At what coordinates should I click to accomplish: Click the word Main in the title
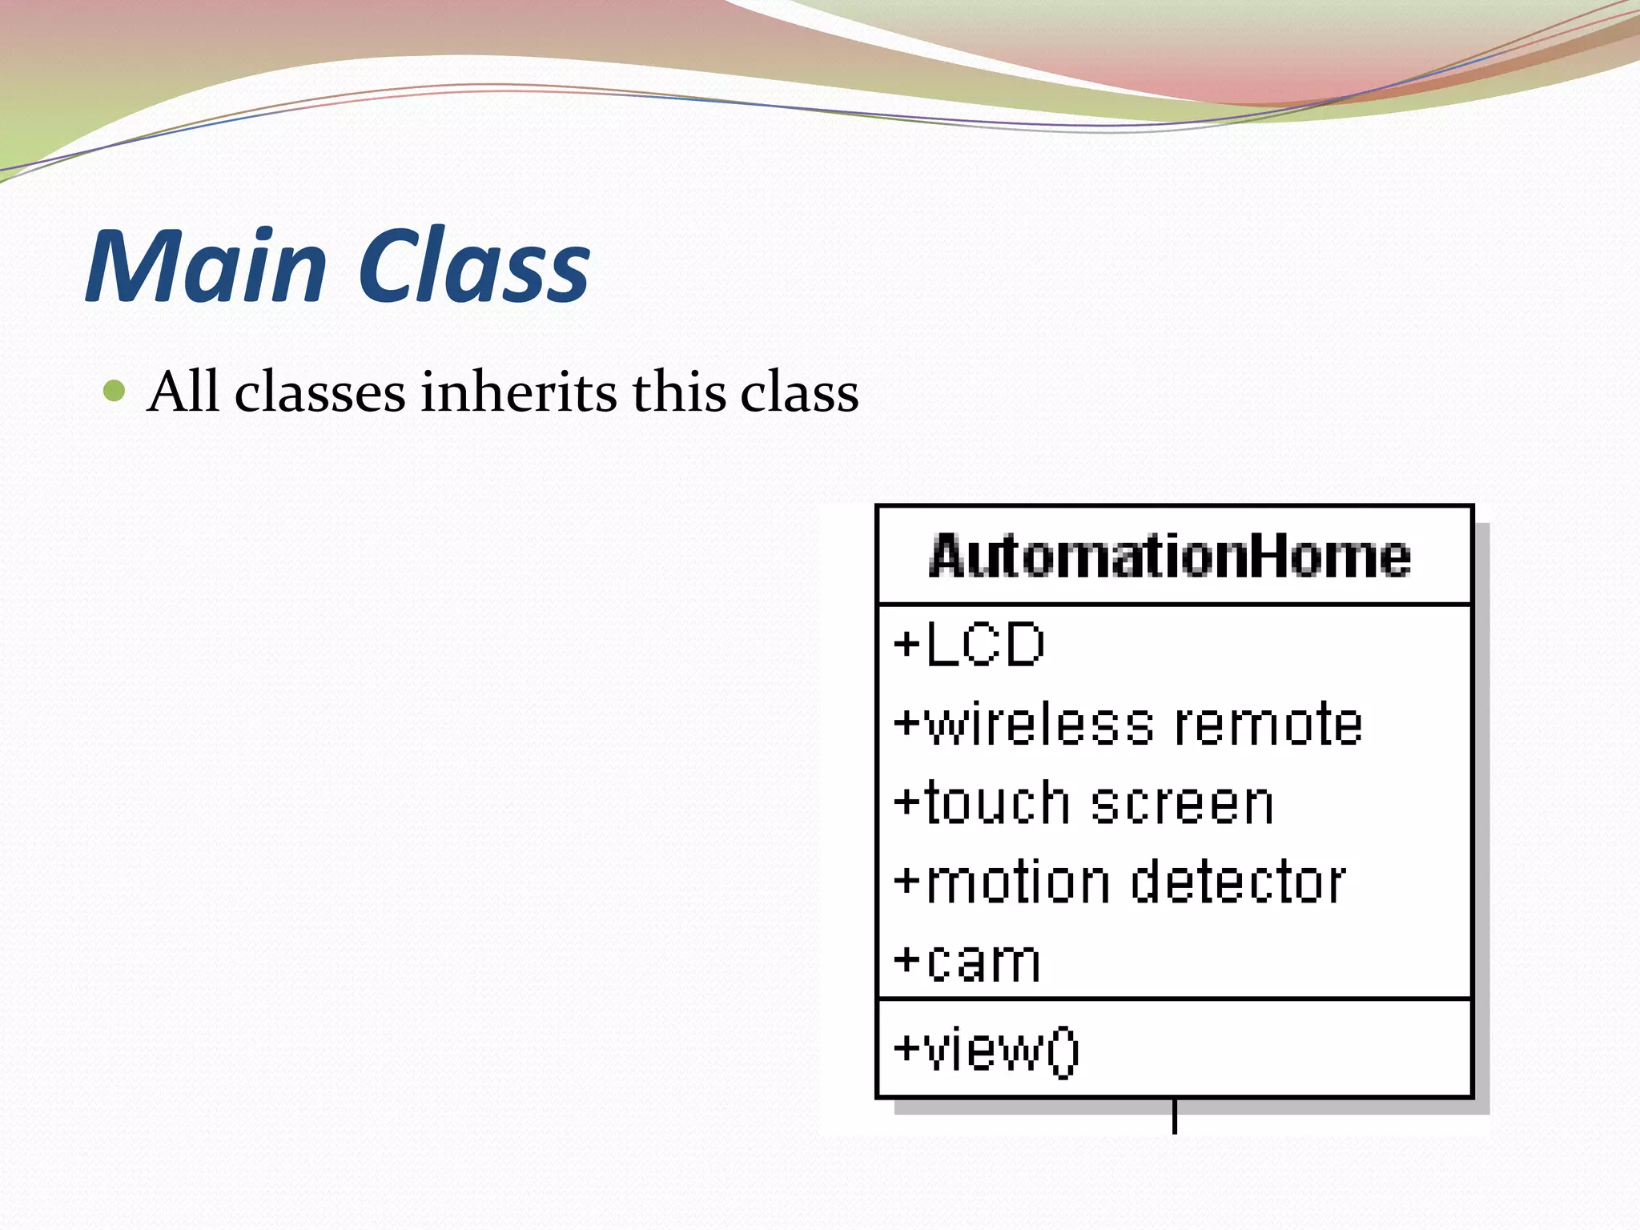tap(207, 266)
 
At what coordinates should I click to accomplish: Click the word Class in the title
tap(474, 266)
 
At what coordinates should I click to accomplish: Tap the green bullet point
tap(115, 392)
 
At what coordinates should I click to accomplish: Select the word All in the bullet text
tap(183, 392)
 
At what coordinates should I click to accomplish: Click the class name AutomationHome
tap(1170, 556)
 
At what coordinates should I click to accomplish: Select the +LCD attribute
tap(970, 645)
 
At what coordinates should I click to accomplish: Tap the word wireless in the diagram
tap(1039, 724)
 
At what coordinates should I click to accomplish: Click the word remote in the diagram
tap(1268, 724)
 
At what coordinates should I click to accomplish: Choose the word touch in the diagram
tap(997, 803)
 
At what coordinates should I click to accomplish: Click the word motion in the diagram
tap(1018, 882)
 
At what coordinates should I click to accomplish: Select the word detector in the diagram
tap(1239, 882)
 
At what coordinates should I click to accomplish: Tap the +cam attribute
tap(967, 962)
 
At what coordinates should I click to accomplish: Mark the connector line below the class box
tap(1174, 1117)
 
